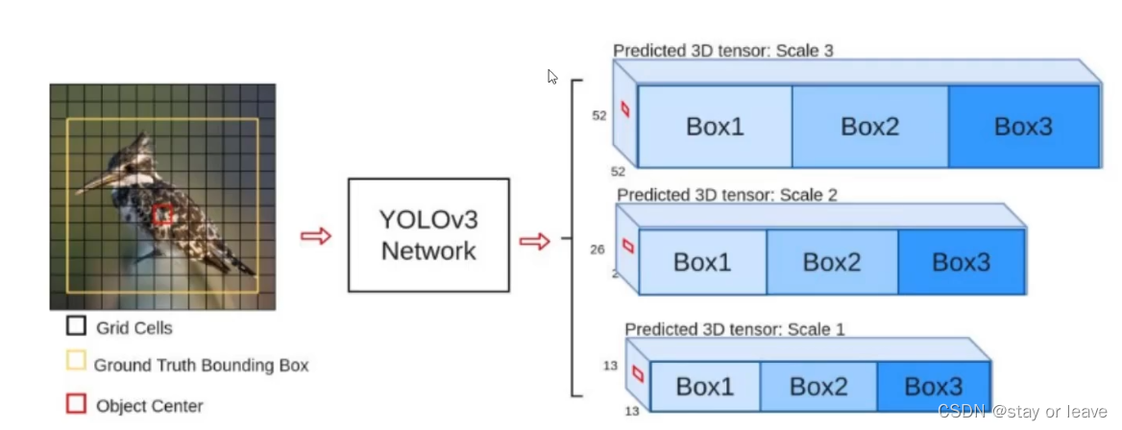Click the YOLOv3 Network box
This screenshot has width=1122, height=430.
tap(428, 235)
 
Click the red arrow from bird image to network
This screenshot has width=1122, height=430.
tap(315, 236)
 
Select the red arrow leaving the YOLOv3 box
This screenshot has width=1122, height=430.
tap(534, 241)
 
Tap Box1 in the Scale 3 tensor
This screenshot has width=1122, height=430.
tap(715, 127)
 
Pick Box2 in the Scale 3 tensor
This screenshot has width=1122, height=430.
tap(869, 127)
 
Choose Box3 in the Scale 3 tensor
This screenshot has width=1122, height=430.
tap(1023, 127)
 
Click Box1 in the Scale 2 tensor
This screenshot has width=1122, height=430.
tap(702, 262)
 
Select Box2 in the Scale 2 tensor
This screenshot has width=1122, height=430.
tap(832, 262)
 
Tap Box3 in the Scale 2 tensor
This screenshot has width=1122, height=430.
tap(961, 262)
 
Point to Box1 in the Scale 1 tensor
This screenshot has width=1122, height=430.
tap(704, 387)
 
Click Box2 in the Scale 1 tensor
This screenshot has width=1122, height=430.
tap(818, 387)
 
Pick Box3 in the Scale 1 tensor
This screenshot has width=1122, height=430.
tap(933, 387)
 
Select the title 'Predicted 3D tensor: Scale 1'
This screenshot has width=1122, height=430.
tap(735, 329)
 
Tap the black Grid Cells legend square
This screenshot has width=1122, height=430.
tap(76, 326)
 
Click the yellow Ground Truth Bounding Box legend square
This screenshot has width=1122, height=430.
tap(76, 364)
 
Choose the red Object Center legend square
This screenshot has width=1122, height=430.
tap(76, 404)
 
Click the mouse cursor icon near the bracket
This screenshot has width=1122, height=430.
tap(552, 76)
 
